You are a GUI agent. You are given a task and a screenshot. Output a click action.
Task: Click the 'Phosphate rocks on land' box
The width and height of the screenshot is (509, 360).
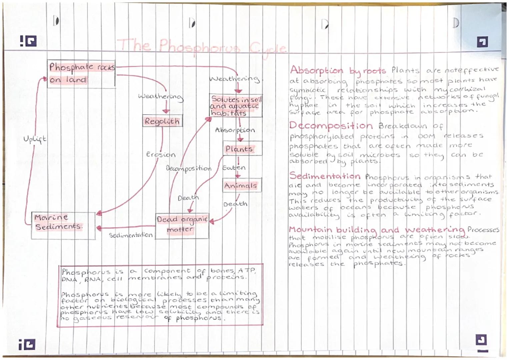coord(81,74)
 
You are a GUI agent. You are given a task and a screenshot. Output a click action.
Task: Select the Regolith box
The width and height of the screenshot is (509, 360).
coord(162,121)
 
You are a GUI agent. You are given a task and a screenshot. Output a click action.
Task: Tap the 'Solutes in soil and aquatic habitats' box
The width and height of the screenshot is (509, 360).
coord(236,106)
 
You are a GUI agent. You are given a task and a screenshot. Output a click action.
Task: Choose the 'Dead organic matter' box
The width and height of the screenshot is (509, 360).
coord(182,224)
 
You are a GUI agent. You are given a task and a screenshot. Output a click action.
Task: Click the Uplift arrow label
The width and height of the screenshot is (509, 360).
coord(35,139)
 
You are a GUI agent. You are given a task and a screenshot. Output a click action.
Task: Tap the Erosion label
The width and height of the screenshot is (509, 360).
coord(161,155)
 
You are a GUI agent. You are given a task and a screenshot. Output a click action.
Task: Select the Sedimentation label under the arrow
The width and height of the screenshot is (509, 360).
coord(130,235)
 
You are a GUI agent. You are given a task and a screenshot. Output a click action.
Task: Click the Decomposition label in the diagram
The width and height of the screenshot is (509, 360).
coord(188,168)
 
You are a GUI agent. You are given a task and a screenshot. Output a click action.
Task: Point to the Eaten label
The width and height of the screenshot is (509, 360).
coord(234,167)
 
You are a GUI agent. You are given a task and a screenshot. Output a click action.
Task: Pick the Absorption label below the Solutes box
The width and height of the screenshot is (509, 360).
coord(235,130)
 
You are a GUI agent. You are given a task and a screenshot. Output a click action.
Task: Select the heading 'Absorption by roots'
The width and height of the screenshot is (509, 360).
coord(337,71)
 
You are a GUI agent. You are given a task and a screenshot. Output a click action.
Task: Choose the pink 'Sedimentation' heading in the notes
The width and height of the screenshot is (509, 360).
coord(325,176)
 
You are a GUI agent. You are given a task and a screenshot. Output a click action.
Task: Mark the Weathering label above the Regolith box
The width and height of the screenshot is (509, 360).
coord(161,97)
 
